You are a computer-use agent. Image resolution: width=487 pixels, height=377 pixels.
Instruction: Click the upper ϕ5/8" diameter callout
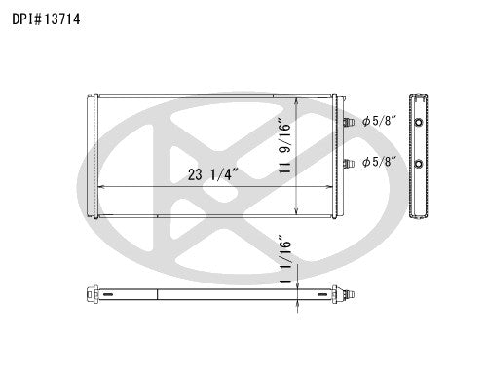pos(378,122)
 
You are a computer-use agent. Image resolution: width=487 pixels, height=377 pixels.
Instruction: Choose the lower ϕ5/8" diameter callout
pos(378,162)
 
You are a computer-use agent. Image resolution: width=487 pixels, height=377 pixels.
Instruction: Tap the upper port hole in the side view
pos(419,123)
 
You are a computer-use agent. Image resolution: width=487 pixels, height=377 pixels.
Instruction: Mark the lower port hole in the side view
pos(419,163)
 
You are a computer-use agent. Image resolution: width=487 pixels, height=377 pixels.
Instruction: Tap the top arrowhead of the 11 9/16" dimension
pos(295,98)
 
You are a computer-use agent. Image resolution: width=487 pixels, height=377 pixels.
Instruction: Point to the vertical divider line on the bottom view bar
pos(158,292)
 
